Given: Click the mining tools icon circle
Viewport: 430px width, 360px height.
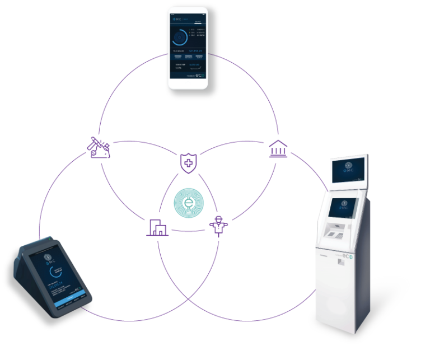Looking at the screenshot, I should [100, 148].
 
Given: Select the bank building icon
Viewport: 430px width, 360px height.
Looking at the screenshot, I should [276, 149].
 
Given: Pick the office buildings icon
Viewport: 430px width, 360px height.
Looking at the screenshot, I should [157, 227].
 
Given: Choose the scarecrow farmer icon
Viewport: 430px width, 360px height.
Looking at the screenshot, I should [218, 227].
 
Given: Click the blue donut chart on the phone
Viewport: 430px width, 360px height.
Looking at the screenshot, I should [180, 38].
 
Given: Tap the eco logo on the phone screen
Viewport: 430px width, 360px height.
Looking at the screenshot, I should [199, 74].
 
